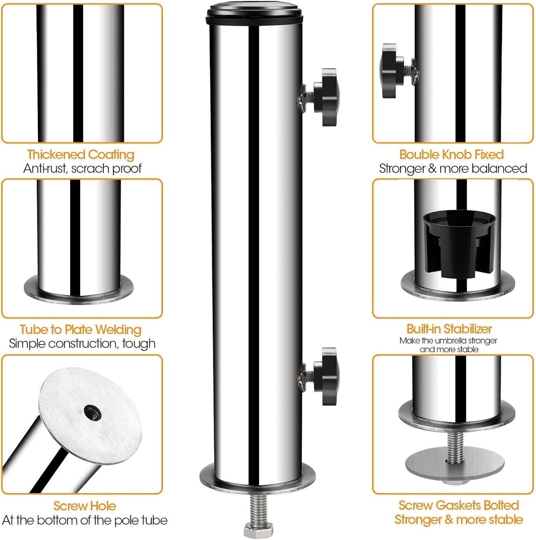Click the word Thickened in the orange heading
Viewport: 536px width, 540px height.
point(56,155)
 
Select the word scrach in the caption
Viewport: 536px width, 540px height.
point(90,169)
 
